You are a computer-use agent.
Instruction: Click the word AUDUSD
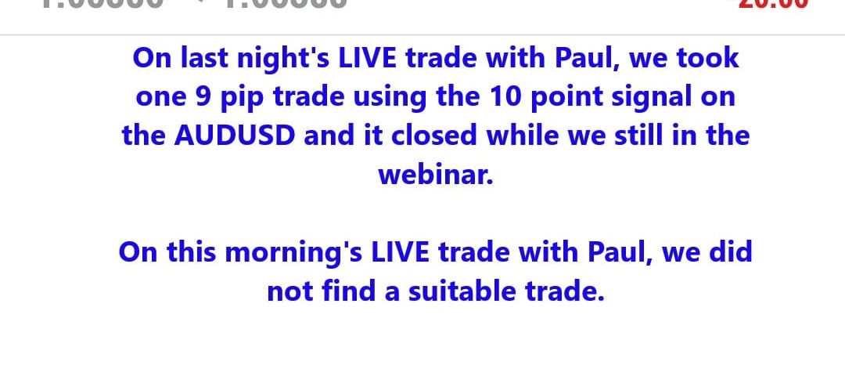click(x=235, y=136)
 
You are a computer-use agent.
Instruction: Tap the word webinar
click(x=436, y=174)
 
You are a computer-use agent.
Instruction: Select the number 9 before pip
click(x=200, y=97)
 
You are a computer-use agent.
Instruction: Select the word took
click(x=707, y=58)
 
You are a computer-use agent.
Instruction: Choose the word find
click(x=337, y=291)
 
